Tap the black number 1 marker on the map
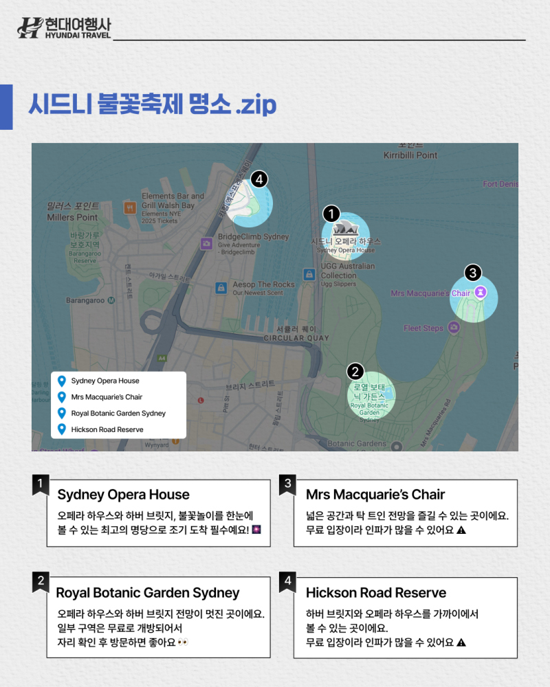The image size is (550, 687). pyautogui.click(x=331, y=214)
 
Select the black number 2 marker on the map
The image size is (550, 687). pyautogui.click(x=355, y=372)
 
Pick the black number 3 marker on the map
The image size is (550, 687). pyautogui.click(x=472, y=272)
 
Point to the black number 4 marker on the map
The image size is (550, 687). pyautogui.click(x=258, y=179)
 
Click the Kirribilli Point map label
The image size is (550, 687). pyautogui.click(x=410, y=155)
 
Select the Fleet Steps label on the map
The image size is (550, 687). pyautogui.click(x=423, y=328)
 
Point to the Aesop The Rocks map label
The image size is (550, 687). pyautogui.click(x=263, y=284)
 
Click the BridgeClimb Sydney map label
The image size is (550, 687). pyautogui.click(x=253, y=237)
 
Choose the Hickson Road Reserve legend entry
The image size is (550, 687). pyautogui.click(x=107, y=429)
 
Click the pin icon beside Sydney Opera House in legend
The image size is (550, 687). pyautogui.click(x=62, y=381)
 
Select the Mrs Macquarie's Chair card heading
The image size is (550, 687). pyautogui.click(x=375, y=495)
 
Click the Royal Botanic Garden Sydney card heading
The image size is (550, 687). pyautogui.click(x=148, y=593)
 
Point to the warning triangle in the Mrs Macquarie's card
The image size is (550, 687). pyautogui.click(x=461, y=530)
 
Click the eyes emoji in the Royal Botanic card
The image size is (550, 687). pyautogui.click(x=183, y=642)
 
